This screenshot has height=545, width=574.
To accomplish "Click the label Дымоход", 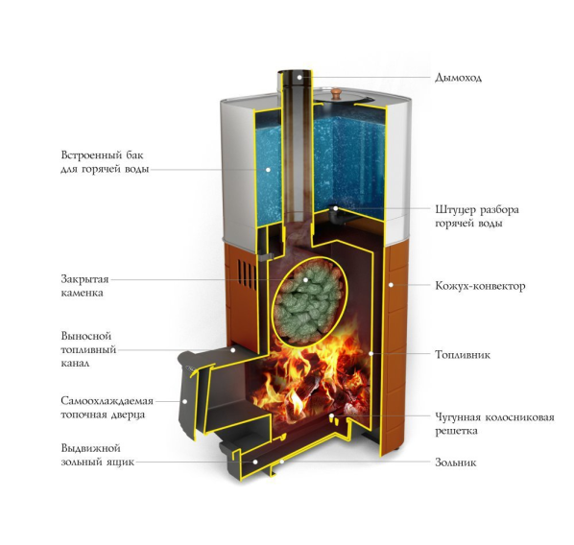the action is tap(458, 78).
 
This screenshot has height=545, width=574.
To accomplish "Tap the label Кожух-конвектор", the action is tap(480, 286).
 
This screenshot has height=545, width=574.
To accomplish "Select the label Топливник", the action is tap(463, 354).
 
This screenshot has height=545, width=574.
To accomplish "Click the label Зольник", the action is tap(455, 462).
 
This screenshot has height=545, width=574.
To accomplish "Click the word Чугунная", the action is tap(457, 417).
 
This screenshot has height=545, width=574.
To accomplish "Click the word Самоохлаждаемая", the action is tap(107, 401).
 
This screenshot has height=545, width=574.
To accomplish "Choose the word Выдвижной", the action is tap(90, 448).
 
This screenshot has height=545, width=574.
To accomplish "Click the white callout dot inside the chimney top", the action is tap(299, 77).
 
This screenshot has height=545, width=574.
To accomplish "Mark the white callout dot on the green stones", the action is tap(305, 279).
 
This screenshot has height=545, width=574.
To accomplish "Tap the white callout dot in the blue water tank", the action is tap(268, 170).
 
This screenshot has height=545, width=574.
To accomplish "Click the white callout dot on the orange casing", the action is tap(391, 284).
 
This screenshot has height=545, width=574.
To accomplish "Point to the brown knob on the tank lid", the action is tap(336, 93).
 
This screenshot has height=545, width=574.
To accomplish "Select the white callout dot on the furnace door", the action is tap(185, 401).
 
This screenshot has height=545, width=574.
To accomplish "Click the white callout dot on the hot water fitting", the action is tap(336, 208).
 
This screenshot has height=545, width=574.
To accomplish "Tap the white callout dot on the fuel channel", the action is tap(233, 350).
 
